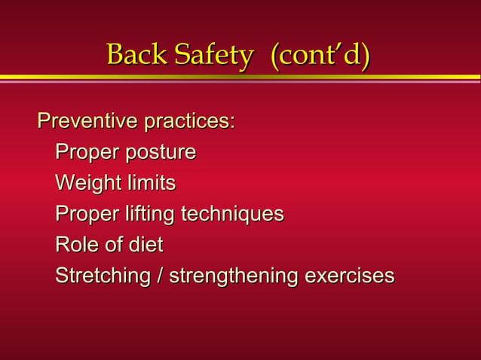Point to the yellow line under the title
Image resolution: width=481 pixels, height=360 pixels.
[240, 77]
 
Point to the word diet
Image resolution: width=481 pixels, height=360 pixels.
[146, 246]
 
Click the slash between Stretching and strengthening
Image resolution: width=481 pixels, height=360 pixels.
[160, 276]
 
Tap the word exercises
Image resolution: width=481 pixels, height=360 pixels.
[348, 276]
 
